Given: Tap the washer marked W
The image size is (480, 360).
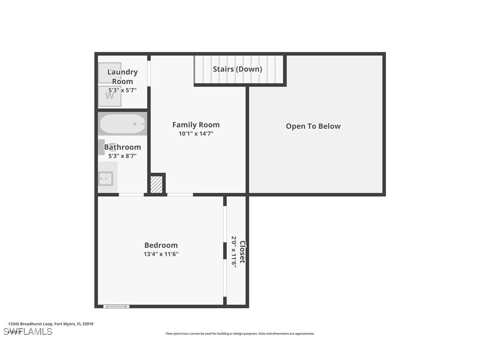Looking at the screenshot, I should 109,96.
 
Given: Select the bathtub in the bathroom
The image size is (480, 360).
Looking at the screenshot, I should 122,124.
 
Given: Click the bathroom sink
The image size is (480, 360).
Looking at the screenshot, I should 106,179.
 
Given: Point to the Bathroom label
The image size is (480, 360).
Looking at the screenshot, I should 122,147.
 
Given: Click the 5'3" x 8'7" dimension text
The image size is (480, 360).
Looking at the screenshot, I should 122,156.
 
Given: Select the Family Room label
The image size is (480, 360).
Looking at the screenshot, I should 196,125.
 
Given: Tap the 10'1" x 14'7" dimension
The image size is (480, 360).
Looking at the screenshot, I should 196,134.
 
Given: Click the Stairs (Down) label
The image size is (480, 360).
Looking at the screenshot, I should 237,69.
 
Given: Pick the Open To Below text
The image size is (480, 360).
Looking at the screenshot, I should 313,126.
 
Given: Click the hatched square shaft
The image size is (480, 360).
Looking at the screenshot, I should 156,184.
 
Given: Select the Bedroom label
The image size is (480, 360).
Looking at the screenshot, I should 161,245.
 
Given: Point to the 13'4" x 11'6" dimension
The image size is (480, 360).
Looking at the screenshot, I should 161,254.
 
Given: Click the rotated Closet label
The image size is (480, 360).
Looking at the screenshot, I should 242,252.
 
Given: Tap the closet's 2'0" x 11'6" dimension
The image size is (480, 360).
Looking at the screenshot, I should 234,251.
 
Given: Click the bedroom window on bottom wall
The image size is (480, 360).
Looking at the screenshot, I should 116,306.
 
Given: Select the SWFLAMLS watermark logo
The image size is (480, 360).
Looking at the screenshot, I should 28,332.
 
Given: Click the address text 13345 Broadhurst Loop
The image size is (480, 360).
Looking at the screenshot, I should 51,324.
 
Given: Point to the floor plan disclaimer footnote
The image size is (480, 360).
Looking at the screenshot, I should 240,333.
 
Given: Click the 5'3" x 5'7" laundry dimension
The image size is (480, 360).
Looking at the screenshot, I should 122,90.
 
